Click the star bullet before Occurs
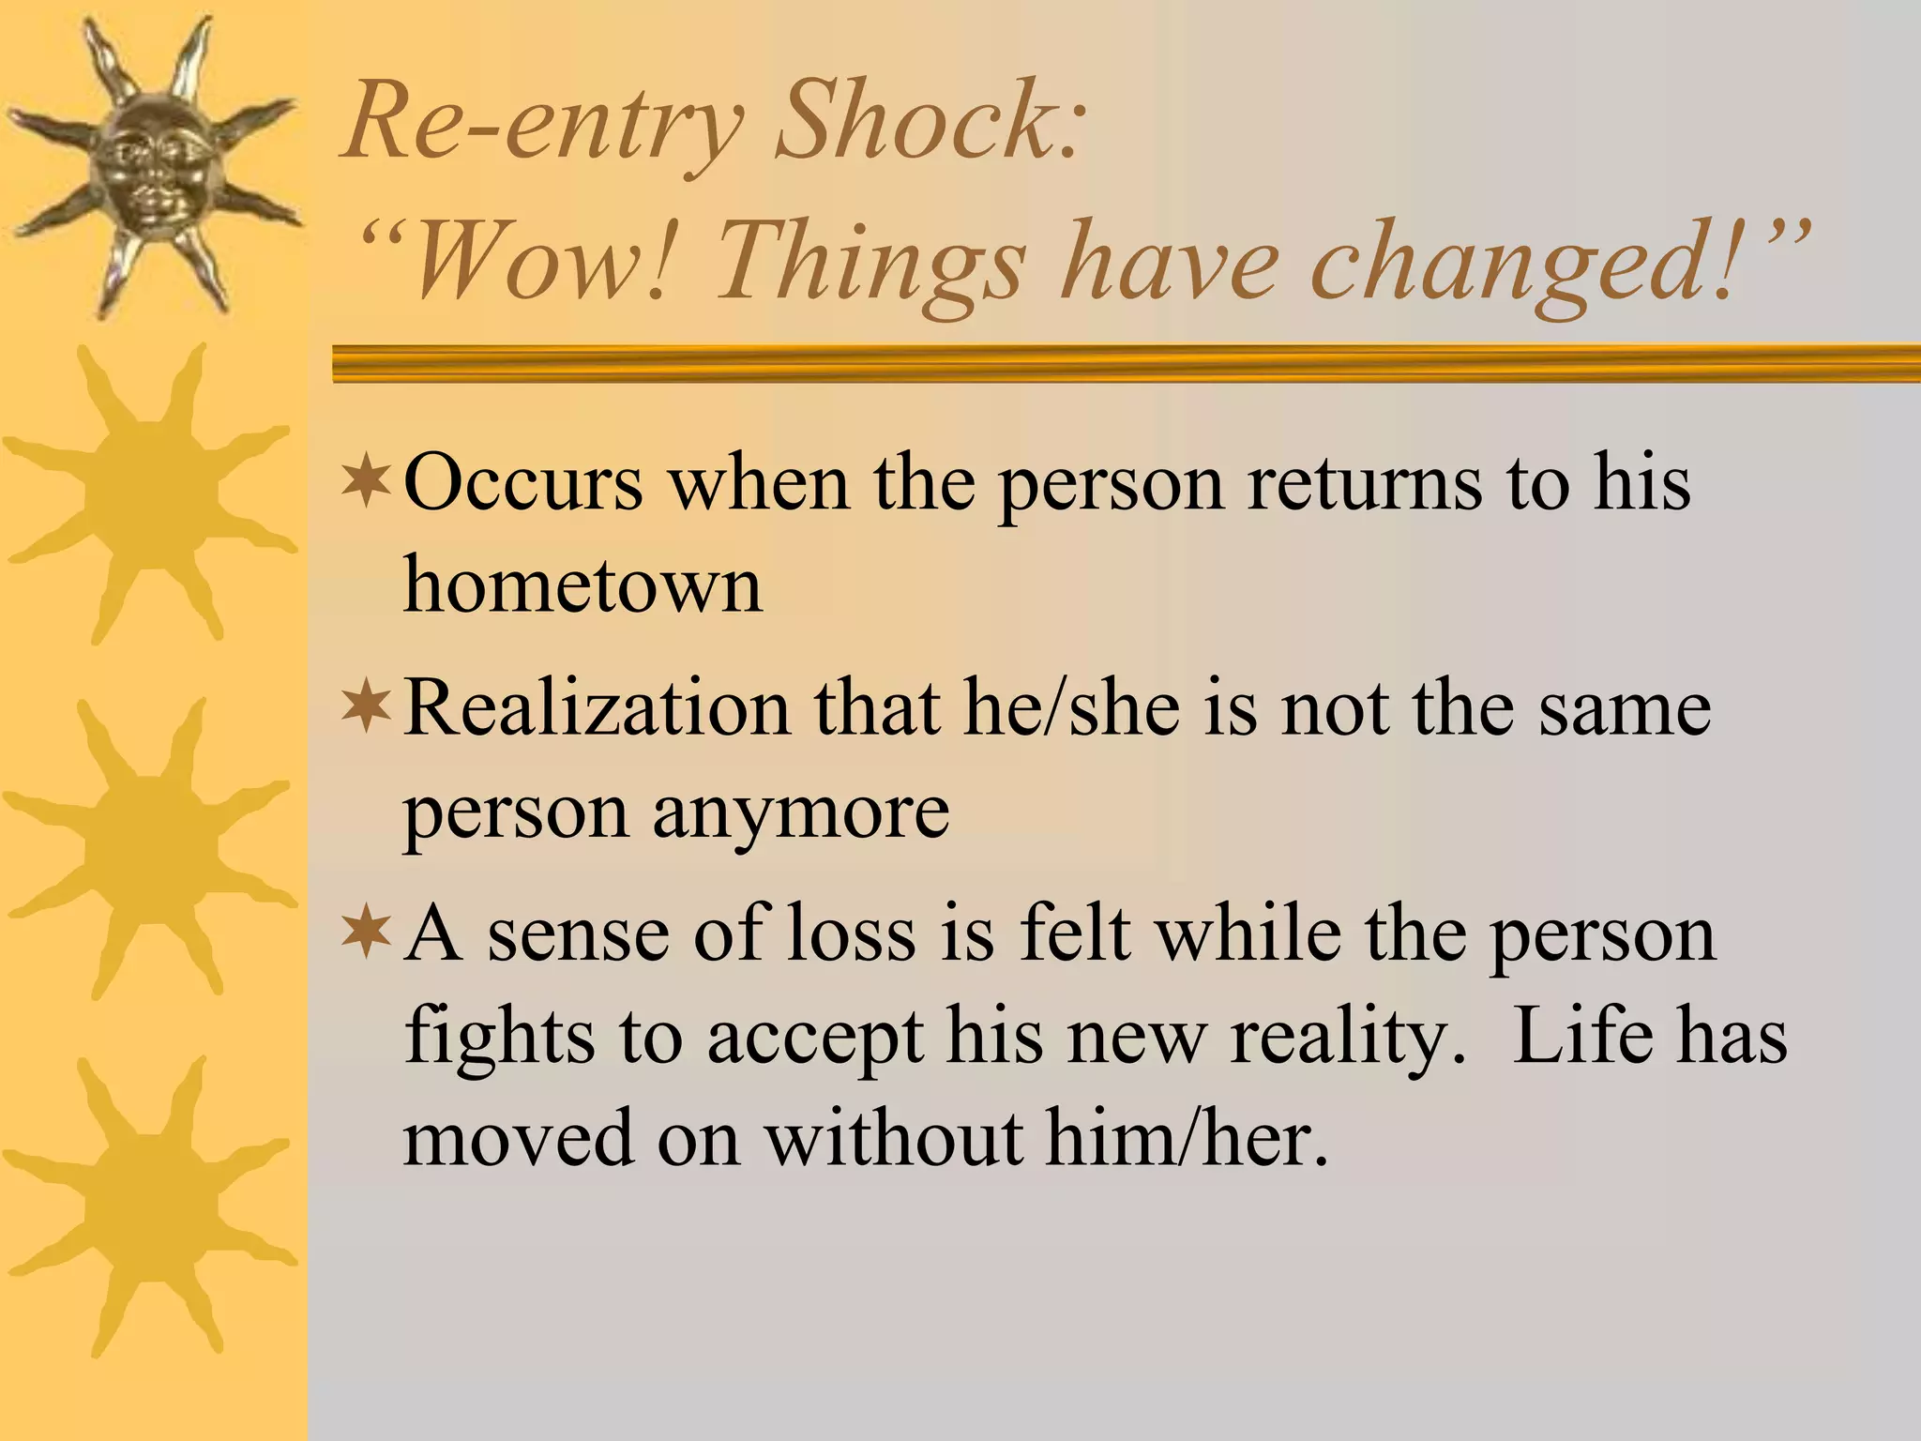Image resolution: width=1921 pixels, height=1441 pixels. [x=367, y=483]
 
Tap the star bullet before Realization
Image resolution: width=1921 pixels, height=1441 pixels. [x=367, y=708]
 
